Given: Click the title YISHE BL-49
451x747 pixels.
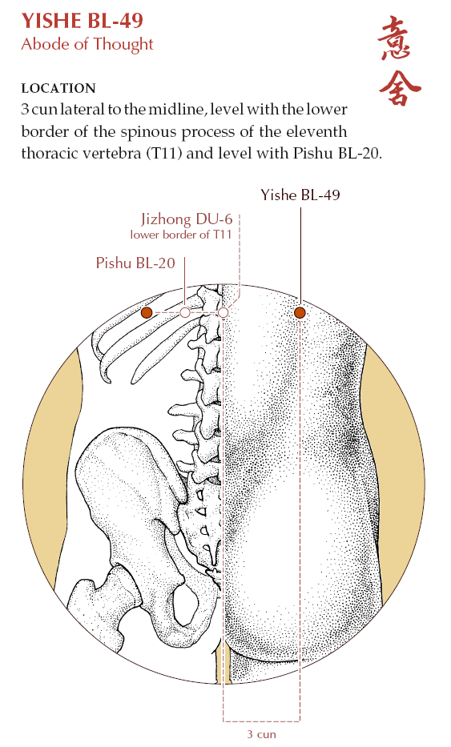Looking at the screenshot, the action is point(82,21).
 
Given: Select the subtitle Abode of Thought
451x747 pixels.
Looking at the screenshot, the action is point(87,44).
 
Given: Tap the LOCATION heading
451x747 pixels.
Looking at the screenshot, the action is point(58,88).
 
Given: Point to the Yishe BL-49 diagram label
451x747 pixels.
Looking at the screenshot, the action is point(300,195).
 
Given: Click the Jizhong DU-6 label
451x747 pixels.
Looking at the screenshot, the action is point(187,219).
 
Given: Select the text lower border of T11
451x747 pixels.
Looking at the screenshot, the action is point(181,235).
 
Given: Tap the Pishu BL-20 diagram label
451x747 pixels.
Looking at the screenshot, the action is point(135,263).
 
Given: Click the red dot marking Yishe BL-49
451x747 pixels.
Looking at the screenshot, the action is point(300,312).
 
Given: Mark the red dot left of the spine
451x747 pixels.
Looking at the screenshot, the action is point(147,312).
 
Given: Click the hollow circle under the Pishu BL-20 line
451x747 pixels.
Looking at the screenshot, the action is point(185,312).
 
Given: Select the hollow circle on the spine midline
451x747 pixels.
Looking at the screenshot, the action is point(223,312).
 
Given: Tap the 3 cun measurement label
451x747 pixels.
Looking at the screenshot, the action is point(261,734).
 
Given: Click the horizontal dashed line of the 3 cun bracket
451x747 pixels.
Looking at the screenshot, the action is point(261,721).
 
